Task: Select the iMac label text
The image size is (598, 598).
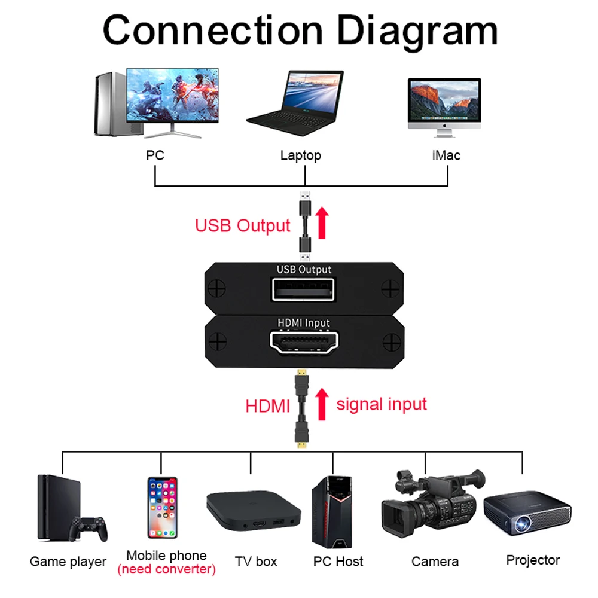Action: pyautogui.click(x=446, y=155)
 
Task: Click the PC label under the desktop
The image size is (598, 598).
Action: pyautogui.click(x=155, y=155)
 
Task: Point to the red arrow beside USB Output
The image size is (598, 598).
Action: pyautogui.click(x=322, y=222)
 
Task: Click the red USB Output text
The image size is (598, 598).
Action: pyautogui.click(x=242, y=226)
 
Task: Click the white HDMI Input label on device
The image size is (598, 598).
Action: pyautogui.click(x=304, y=323)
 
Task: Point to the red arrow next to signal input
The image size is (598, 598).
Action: pyautogui.click(x=322, y=404)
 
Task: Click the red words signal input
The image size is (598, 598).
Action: pyautogui.click(x=382, y=404)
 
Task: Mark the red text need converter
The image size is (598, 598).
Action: pyautogui.click(x=166, y=569)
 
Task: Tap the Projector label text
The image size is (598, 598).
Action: pyautogui.click(x=533, y=560)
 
